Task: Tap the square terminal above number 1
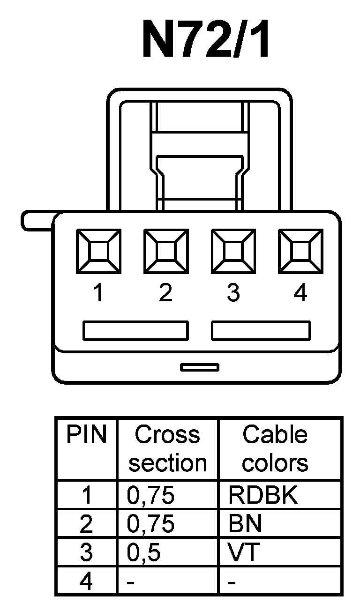pos(98,251)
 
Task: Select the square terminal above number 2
pos(165,251)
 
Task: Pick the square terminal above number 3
pos(233,251)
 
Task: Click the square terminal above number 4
pos(300,251)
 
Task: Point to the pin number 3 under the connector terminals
pos(233,293)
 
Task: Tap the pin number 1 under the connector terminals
pos(98,293)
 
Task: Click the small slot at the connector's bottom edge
pos(199,367)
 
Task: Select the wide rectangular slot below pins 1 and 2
pos(135,330)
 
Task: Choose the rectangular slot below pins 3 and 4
pos(261,330)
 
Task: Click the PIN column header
pos(87,435)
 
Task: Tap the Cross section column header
pos(168,448)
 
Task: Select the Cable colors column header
pos(275,448)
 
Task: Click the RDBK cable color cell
pos(263,495)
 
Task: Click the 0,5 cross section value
pos(144,552)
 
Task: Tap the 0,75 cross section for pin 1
pos(151,495)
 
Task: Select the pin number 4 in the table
pos(86,581)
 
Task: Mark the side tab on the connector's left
pos(37,221)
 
